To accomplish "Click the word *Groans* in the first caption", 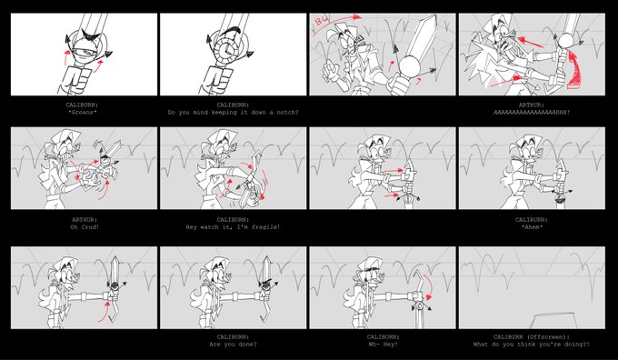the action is click(82, 113).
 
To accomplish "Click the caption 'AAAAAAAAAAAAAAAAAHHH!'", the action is click(532, 113).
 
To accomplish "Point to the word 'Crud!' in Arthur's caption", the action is click(90, 227).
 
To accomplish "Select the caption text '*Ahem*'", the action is click(532, 227).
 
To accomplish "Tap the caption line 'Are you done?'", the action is click(233, 345).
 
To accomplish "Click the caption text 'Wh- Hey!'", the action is click(383, 345).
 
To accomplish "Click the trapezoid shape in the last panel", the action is click(556, 321).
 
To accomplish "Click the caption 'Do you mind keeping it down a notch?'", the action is click(233, 113).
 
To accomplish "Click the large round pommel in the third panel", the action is click(409, 65).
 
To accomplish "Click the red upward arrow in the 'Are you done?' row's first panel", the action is click(105, 311).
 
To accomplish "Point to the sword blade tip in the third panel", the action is click(435, 15).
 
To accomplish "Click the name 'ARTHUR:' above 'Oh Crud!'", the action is click(84, 220).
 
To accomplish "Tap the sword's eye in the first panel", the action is click(85, 51).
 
